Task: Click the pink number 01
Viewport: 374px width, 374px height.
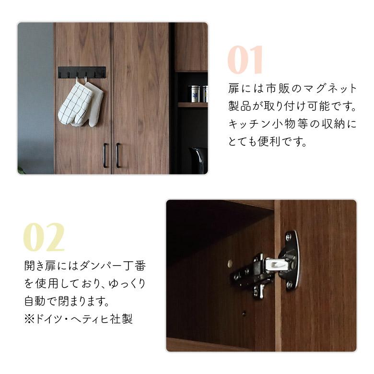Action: click(245, 60)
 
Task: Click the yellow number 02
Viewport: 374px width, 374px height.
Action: click(44, 237)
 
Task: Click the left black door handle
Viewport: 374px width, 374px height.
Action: click(105, 155)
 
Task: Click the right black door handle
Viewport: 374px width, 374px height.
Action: click(117, 155)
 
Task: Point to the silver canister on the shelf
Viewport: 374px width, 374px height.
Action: click(195, 93)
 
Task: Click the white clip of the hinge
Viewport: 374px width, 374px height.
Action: click(277, 264)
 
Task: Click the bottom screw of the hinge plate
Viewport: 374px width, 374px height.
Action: click(289, 284)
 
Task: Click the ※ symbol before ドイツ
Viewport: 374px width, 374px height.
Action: click(29, 319)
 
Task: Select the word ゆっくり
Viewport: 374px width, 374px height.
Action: click(127, 283)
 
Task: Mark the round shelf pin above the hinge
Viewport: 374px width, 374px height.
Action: click(230, 263)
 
